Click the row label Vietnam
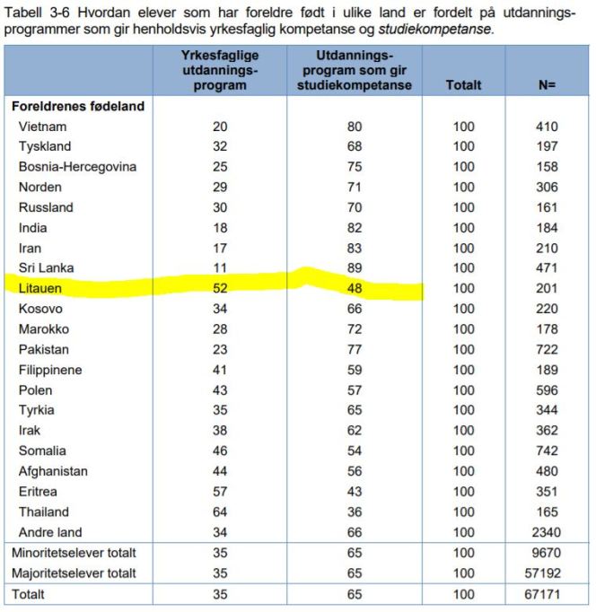click(x=42, y=127)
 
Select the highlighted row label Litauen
click(x=41, y=288)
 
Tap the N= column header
click(x=546, y=85)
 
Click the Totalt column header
click(x=463, y=85)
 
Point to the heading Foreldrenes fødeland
click(x=78, y=106)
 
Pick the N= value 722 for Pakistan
click(x=547, y=349)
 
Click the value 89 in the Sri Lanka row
click(x=355, y=268)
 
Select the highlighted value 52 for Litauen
click(x=220, y=288)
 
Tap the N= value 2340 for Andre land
click(x=547, y=532)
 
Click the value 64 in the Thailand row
click(x=220, y=511)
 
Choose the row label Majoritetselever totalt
click(x=74, y=573)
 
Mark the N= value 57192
click(x=547, y=573)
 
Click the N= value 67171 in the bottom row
click(x=547, y=594)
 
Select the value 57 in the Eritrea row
click(x=220, y=492)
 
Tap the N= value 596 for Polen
click(x=547, y=390)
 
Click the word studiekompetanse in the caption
click(x=435, y=29)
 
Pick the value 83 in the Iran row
click(x=355, y=248)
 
